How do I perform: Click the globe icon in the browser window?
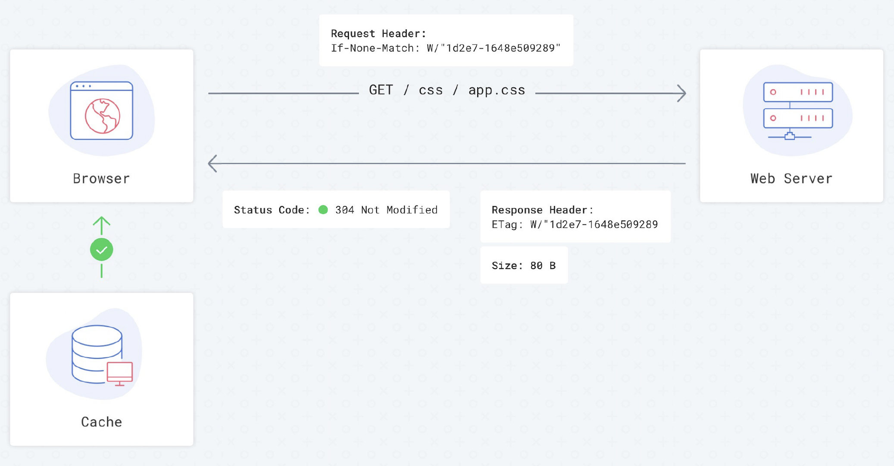pos(102,116)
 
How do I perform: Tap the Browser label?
pos(101,179)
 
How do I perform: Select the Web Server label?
pos(791,179)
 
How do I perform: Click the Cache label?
pos(101,422)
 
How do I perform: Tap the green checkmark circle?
pos(101,250)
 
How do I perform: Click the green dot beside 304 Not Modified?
pos(323,210)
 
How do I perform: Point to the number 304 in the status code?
pos(344,210)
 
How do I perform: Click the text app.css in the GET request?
pos(497,90)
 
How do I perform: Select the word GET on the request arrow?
pos(381,90)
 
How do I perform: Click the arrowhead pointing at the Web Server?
pos(682,93)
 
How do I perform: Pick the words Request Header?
pos(378,34)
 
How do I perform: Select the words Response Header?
pos(541,210)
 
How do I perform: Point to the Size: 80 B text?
pos(524,266)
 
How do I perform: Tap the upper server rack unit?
pos(798,92)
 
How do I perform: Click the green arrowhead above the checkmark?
pos(101,222)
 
